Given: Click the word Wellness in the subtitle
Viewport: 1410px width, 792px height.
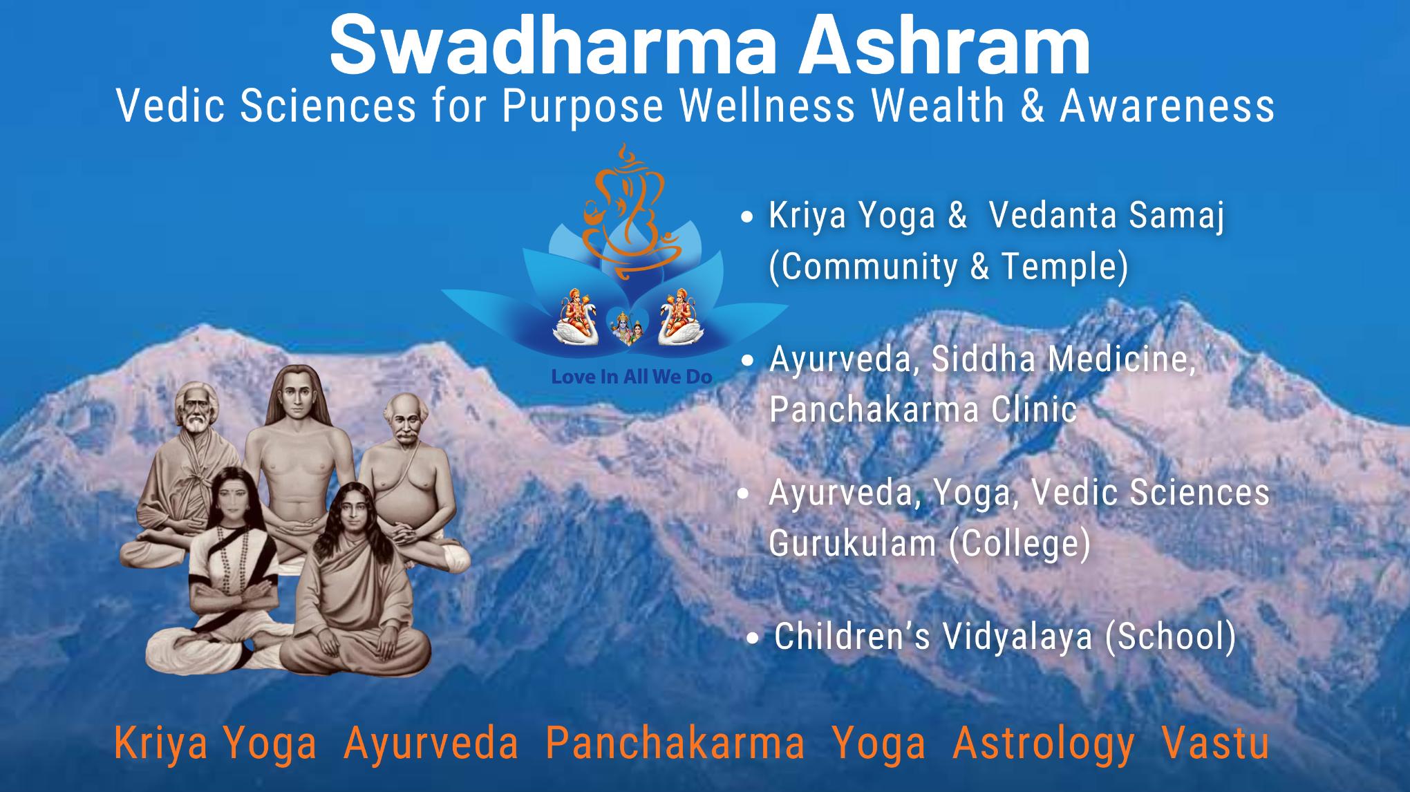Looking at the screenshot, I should (x=768, y=106).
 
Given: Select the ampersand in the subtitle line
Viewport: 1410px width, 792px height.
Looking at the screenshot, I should (x=1031, y=106).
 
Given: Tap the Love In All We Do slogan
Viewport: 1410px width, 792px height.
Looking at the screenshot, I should (x=631, y=377).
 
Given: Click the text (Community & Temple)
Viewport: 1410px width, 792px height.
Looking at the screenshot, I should (x=948, y=266).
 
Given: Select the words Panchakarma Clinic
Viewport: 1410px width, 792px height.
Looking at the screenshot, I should (x=923, y=410).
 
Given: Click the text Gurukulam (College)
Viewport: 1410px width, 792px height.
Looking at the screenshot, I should (x=929, y=543).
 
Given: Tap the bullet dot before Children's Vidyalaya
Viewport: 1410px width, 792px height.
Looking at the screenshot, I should (x=757, y=638).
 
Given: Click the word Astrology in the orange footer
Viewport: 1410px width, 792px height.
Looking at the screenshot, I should (x=1044, y=744).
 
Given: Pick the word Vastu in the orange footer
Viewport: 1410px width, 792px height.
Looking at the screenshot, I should (x=1215, y=744).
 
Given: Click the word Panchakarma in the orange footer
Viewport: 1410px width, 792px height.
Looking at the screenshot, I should (x=675, y=744).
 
